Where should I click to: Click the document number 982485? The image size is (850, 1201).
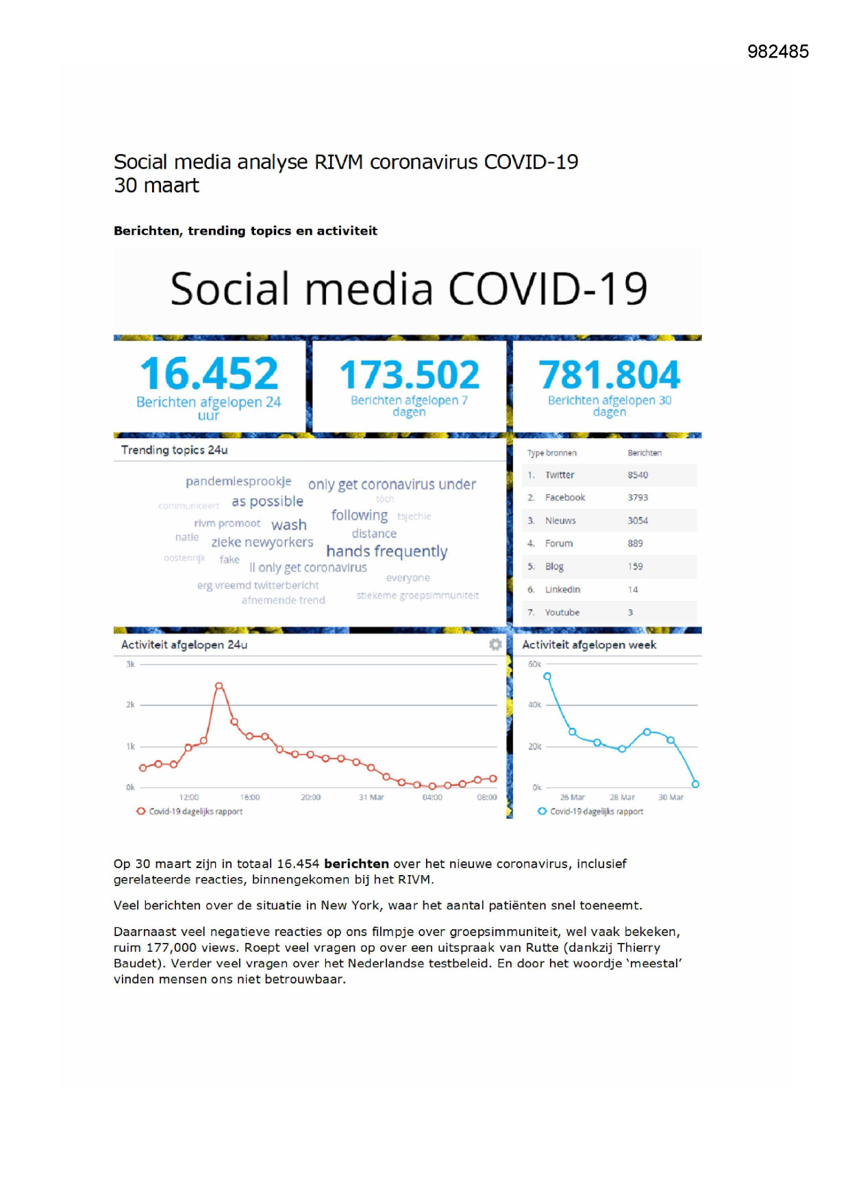tap(778, 51)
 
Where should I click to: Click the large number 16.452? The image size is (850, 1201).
tap(209, 374)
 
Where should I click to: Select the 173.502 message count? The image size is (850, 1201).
tap(410, 375)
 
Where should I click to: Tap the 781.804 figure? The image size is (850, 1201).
tap(609, 375)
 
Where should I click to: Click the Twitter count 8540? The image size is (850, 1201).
tap(638, 475)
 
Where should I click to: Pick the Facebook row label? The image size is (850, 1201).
tap(565, 498)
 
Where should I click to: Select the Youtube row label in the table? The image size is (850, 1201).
tap(562, 612)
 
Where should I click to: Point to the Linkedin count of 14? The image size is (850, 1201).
tap(633, 590)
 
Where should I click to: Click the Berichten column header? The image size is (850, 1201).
tap(645, 453)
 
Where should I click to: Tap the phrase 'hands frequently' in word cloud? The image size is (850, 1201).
tap(387, 551)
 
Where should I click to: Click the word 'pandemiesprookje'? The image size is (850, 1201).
tap(238, 481)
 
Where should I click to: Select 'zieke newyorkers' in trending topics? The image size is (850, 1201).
tap(262, 542)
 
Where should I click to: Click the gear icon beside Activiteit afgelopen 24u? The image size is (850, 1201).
tap(495, 644)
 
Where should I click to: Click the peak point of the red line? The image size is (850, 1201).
tap(219, 685)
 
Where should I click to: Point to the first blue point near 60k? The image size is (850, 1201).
tap(547, 677)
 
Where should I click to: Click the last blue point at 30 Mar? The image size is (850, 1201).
tap(695, 784)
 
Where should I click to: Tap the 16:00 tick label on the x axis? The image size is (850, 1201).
tap(250, 797)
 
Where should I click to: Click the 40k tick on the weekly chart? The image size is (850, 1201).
tap(535, 705)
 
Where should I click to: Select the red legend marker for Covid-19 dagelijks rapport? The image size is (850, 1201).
tap(141, 811)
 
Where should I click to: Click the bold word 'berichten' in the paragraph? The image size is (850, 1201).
tap(356, 864)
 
